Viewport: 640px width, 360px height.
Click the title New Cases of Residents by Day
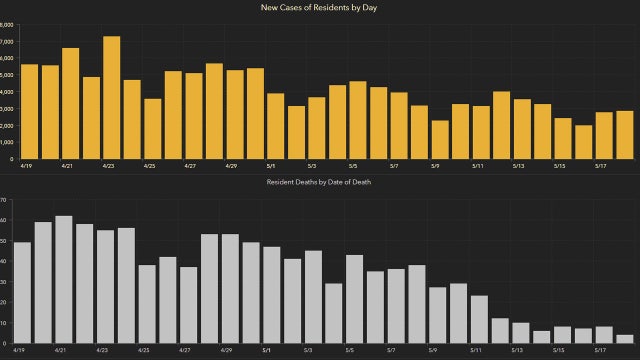[x=320, y=8]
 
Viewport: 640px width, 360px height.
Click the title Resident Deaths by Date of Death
[x=320, y=183]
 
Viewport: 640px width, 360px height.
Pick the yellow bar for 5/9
[x=440, y=140]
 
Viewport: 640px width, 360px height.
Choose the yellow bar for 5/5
[x=358, y=120]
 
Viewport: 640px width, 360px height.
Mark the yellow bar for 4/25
[x=152, y=129]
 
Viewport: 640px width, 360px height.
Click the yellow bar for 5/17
[x=604, y=136]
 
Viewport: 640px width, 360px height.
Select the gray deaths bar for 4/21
[x=64, y=279]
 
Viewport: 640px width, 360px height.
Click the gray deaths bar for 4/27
[x=188, y=304]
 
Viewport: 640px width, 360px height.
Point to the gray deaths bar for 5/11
[x=479, y=319]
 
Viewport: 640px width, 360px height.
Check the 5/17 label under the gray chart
[x=603, y=351]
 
